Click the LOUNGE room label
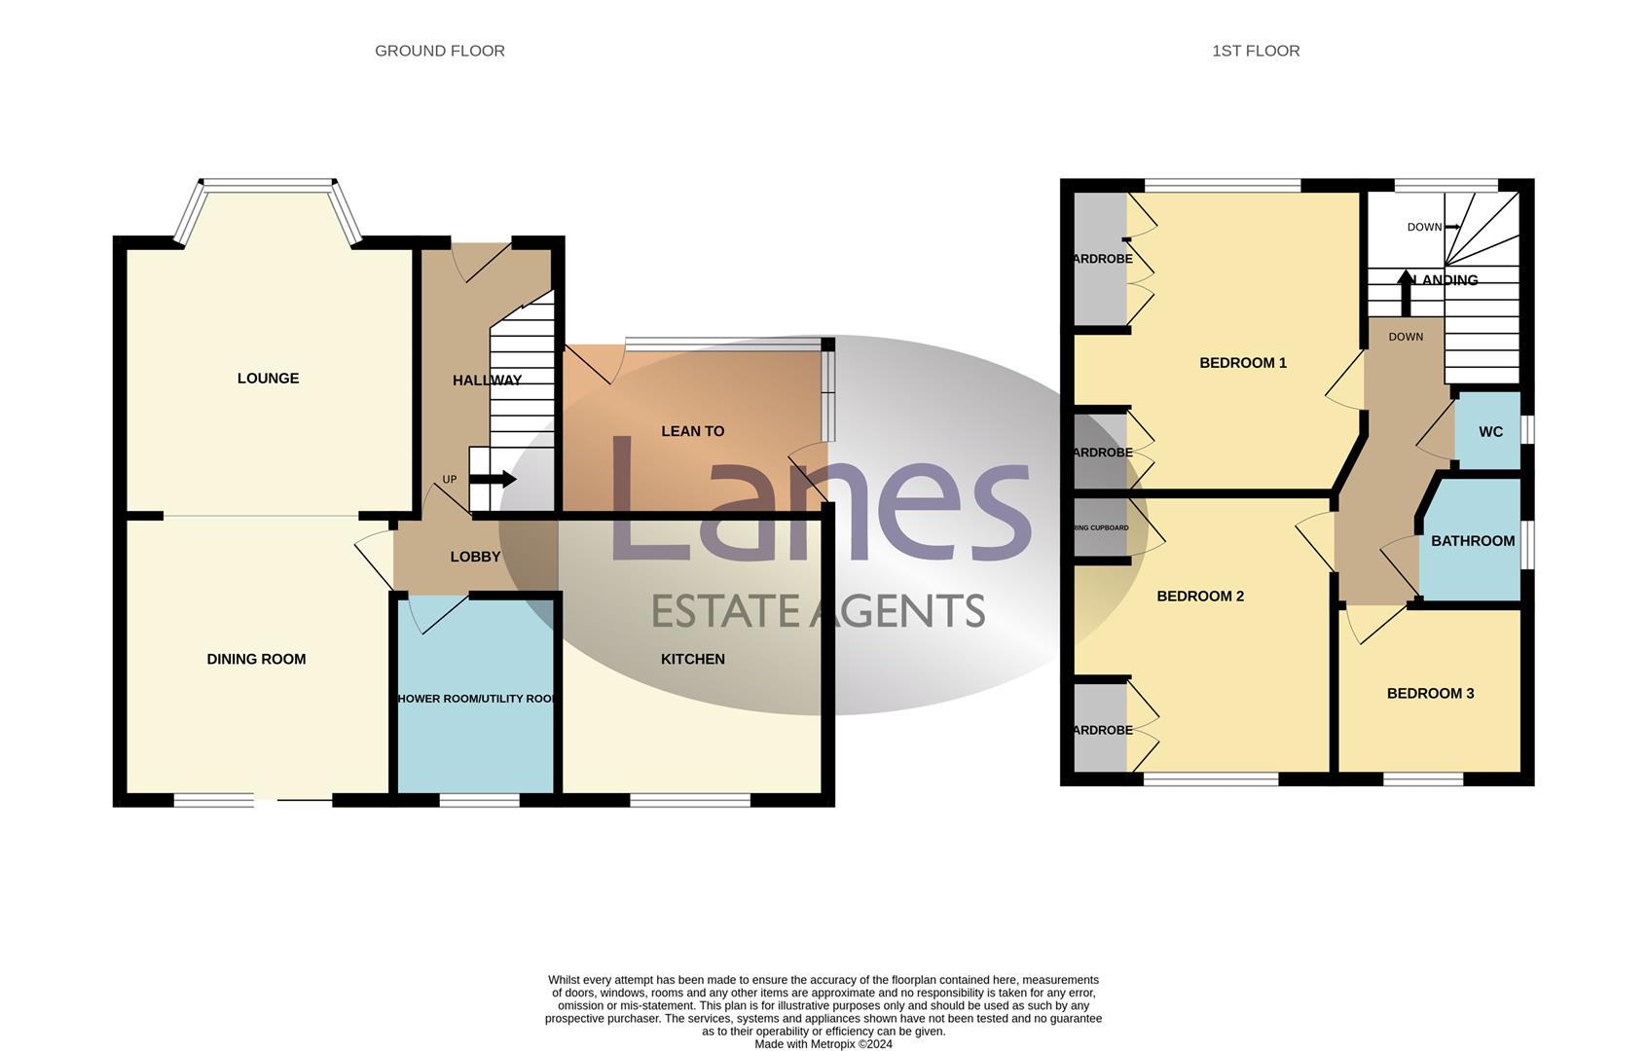pyautogui.click(x=268, y=379)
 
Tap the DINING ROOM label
pyautogui.click(x=256, y=659)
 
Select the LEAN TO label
pyautogui.click(x=692, y=431)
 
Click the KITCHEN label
pyautogui.click(x=692, y=659)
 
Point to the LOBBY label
pyautogui.click(x=475, y=557)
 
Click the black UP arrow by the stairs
pyautogui.click(x=493, y=479)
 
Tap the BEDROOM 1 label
pyautogui.click(x=1242, y=363)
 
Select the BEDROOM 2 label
pyautogui.click(x=1199, y=597)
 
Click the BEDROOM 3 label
pyautogui.click(x=1429, y=694)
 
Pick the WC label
pyautogui.click(x=1490, y=432)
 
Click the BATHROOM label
pyautogui.click(x=1472, y=541)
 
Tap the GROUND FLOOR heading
pyautogui.click(x=439, y=51)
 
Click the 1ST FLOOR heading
pyautogui.click(x=1255, y=51)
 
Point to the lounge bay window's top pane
pyautogui.click(x=267, y=184)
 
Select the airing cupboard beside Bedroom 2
pyautogui.click(x=1100, y=527)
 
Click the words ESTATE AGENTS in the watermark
pyautogui.click(x=818, y=611)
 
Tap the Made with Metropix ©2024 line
pyautogui.click(x=823, y=1044)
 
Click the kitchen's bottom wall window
pyautogui.click(x=689, y=801)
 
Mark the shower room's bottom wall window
pyautogui.click(x=479, y=801)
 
